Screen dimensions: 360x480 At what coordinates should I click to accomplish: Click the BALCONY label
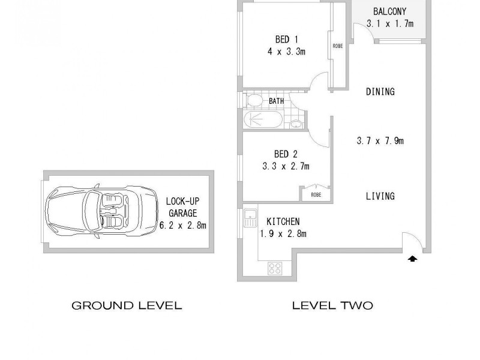[389, 11]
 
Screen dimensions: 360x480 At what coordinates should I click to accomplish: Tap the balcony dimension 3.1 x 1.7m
[389, 24]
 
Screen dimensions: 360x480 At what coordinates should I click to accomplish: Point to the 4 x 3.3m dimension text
[287, 52]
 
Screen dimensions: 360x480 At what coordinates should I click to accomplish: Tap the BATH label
[276, 101]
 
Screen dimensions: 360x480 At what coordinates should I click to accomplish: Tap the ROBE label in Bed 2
[315, 194]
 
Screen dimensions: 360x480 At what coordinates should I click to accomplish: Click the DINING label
[380, 92]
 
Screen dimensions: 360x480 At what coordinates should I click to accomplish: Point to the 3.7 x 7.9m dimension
[380, 142]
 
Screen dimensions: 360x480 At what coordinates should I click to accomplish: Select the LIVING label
[380, 196]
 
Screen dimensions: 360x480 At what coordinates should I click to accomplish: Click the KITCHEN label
[283, 222]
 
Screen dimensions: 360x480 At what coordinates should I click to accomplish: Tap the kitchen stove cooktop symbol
[275, 268]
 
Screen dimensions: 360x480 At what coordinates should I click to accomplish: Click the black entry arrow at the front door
[412, 259]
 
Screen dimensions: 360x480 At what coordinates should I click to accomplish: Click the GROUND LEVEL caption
[127, 305]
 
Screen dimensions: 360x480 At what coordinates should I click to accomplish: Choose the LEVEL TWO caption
[332, 305]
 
